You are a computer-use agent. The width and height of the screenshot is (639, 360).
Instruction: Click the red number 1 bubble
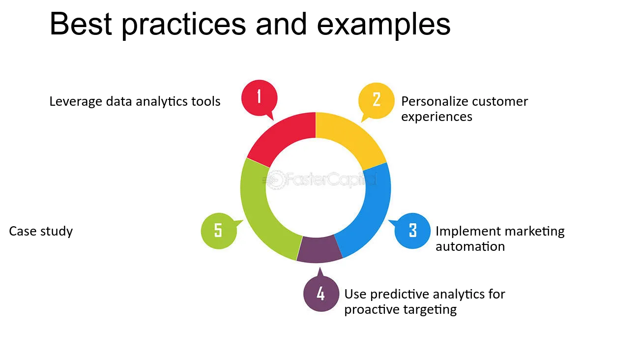260,98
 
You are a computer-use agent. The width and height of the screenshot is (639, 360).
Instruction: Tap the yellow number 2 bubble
376,100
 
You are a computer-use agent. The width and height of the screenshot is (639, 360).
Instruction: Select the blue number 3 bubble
412,231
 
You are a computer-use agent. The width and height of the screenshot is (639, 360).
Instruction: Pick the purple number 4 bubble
321,293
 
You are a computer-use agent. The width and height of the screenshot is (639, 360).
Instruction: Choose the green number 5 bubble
219,231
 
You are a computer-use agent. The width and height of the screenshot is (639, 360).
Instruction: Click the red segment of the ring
283,137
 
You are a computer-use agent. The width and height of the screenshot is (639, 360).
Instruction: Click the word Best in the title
81,24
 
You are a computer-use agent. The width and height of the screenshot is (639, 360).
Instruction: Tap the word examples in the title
384,26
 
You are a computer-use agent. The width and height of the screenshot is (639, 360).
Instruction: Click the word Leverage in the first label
76,102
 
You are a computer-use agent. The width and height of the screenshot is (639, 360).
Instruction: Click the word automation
470,246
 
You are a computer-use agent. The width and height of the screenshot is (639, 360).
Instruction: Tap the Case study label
41,232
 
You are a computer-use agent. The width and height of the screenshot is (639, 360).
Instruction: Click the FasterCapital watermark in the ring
319,180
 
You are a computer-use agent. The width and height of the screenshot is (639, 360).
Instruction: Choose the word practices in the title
183,26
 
